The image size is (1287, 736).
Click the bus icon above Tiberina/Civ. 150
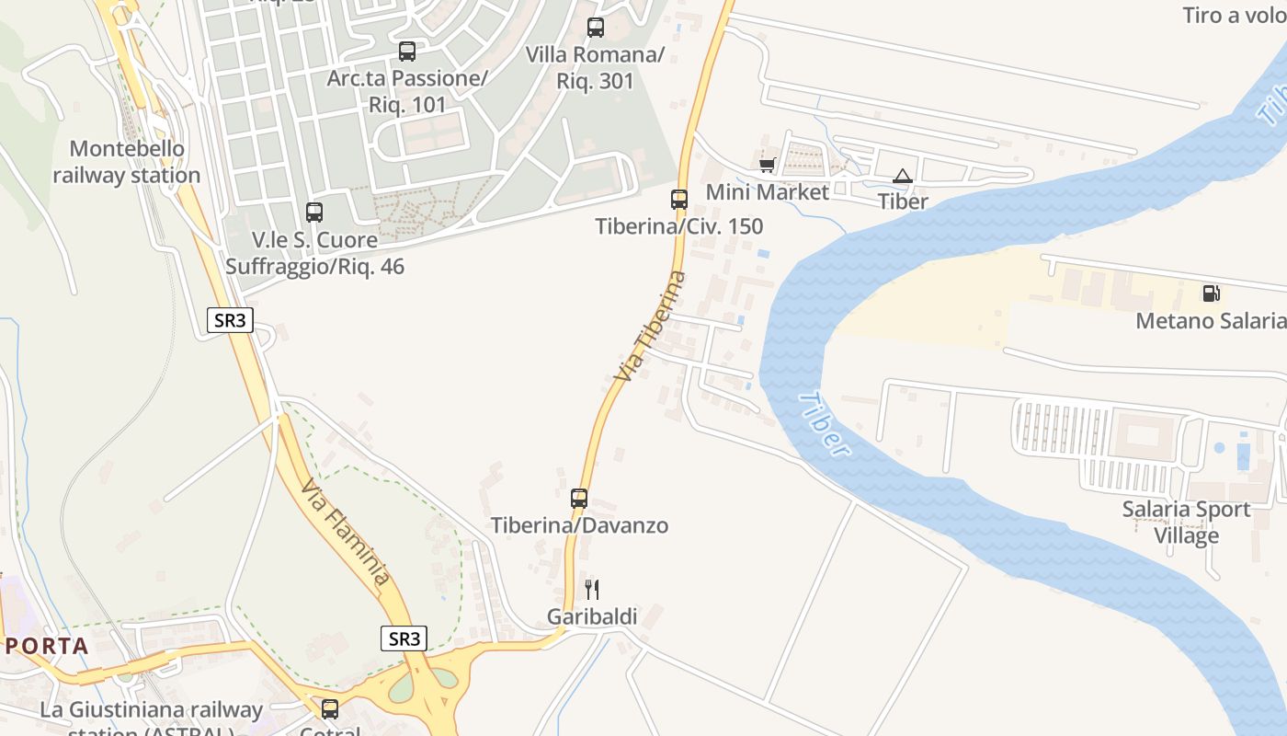click(x=679, y=199)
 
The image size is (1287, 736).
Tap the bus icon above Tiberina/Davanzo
click(x=579, y=499)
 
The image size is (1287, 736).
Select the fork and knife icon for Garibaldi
click(x=592, y=589)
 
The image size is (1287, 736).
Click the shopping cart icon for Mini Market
click(x=767, y=165)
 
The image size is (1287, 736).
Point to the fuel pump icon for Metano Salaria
click(x=1212, y=293)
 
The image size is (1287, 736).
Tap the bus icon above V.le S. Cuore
click(x=314, y=213)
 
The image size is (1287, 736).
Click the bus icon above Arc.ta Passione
click(x=407, y=52)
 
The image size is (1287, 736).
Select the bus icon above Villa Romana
click(x=596, y=28)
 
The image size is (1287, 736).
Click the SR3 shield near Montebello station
click(x=229, y=320)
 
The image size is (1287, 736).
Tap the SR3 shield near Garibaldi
click(x=404, y=638)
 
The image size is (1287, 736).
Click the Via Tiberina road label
click(x=650, y=328)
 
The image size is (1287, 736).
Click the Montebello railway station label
click(x=127, y=162)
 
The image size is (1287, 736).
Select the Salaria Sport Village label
click(x=1186, y=523)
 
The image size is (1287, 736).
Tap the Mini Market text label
click(x=767, y=192)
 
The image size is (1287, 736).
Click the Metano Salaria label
click(x=1211, y=321)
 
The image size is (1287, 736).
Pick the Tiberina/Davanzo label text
click(x=579, y=525)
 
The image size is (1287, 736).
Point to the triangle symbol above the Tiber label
click(x=903, y=176)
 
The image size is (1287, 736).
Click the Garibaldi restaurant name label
click(x=592, y=616)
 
